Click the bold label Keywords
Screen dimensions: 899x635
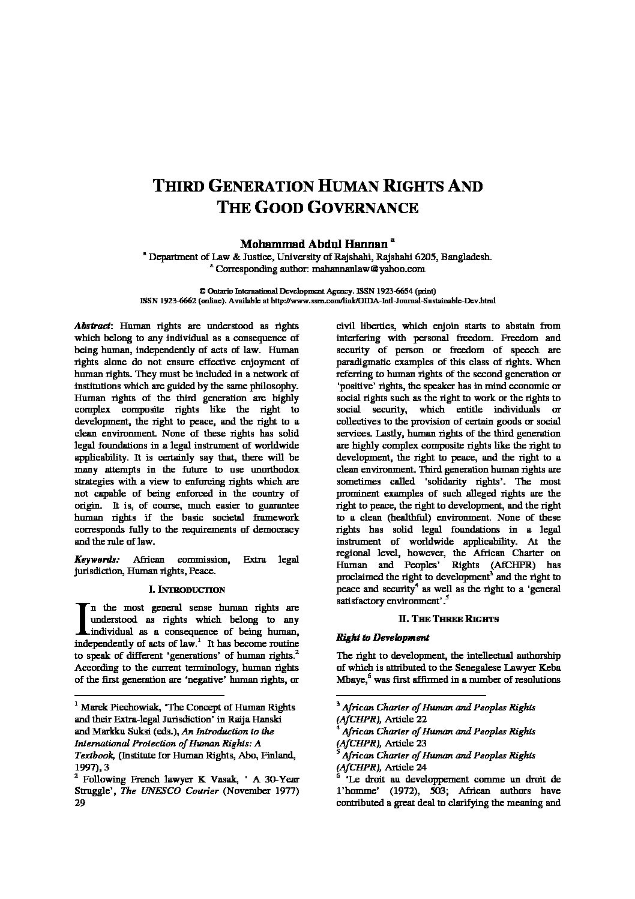(97, 559)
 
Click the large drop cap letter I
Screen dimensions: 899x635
(81, 619)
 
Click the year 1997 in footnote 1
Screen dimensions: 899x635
(86, 767)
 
